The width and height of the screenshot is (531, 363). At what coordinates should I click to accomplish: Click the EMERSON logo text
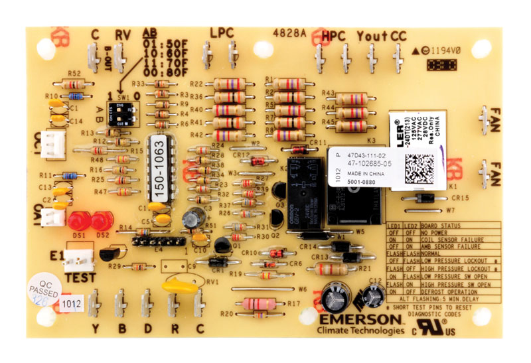[360, 320]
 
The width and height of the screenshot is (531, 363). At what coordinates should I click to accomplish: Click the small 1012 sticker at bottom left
[71, 304]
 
